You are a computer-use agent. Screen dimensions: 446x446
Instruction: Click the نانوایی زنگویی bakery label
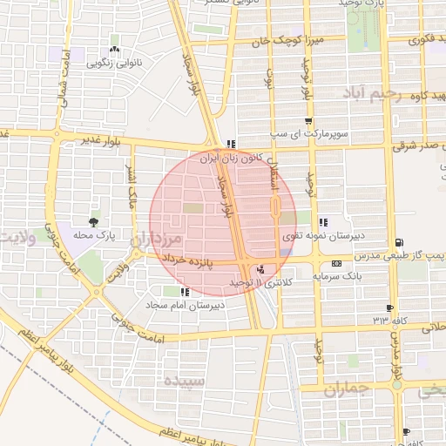click(x=114, y=64)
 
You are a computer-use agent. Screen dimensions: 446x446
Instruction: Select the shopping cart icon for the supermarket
click(x=307, y=122)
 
